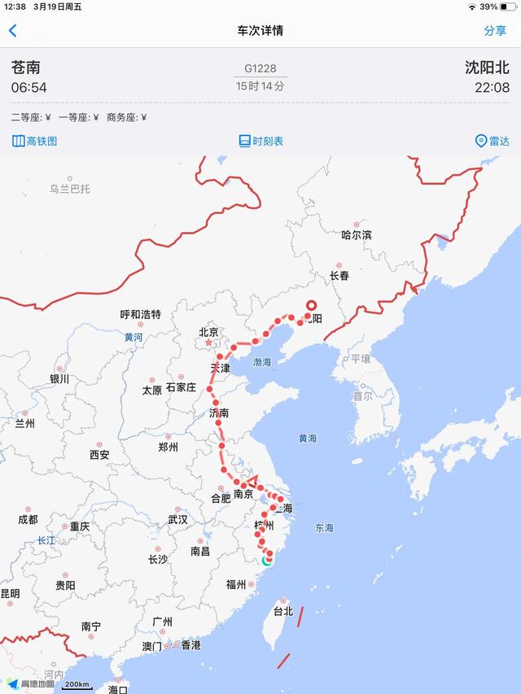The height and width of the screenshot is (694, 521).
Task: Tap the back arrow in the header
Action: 12,31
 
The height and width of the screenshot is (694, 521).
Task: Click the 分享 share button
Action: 495,31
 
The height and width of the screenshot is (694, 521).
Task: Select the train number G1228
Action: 260,68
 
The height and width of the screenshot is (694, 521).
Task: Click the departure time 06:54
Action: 28,87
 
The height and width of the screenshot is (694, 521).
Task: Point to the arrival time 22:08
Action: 492,87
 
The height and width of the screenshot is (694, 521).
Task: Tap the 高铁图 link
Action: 35,141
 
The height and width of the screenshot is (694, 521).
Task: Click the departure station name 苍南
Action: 26,68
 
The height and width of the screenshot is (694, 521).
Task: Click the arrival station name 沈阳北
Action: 487,68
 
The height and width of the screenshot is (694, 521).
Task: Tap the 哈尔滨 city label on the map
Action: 357,234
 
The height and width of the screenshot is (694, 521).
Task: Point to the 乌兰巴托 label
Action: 70,189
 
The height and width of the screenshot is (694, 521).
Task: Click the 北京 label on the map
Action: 208,332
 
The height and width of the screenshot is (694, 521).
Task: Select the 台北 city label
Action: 282,610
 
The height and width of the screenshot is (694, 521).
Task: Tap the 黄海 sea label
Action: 307,439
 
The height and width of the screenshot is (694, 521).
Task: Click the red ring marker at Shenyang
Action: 310,307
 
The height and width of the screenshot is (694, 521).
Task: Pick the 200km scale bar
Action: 77,685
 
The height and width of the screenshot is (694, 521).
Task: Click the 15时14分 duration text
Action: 260,85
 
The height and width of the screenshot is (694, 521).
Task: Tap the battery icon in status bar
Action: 510,7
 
